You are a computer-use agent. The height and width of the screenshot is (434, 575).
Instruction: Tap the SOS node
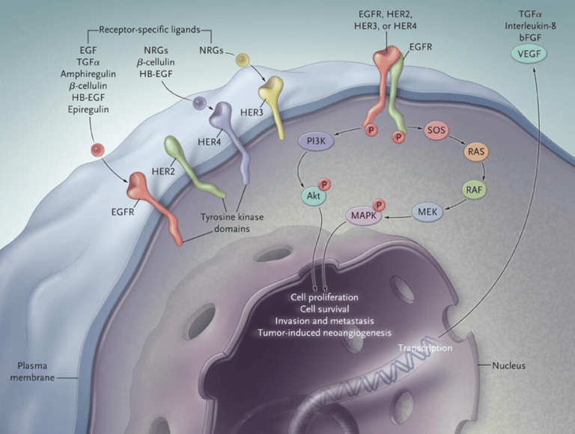pyautogui.click(x=436, y=129)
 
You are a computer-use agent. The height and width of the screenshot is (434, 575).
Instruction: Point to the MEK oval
pyautogui.click(x=428, y=213)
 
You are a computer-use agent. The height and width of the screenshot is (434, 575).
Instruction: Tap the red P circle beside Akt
pyautogui.click(x=325, y=183)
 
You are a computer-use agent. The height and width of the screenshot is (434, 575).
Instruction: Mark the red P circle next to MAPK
pyautogui.click(x=380, y=204)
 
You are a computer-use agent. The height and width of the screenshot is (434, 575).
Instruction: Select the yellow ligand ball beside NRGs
pyautogui.click(x=241, y=58)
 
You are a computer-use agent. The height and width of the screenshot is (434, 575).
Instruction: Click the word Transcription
pyautogui.click(x=425, y=348)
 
